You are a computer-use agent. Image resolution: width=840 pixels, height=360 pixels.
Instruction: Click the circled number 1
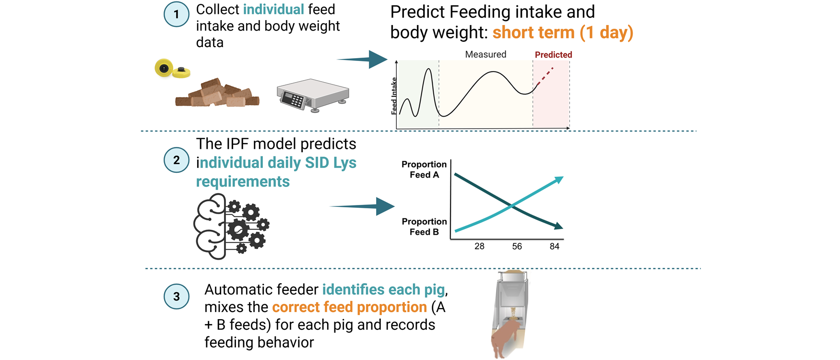point(176,14)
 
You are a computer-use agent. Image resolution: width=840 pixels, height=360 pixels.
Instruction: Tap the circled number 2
point(176,160)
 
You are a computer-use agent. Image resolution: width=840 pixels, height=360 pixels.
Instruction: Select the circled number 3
point(176,296)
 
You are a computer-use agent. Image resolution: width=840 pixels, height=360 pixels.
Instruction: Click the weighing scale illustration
point(312,95)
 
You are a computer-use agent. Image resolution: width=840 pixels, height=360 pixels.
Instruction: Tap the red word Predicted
point(553,55)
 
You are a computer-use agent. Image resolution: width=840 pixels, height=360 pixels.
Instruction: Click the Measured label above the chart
point(485,55)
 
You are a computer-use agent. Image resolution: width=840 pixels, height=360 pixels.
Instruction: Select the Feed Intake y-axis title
point(394,96)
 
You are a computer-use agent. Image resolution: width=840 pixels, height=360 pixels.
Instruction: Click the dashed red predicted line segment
point(545,76)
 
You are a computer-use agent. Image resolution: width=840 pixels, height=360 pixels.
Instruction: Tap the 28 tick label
point(479,247)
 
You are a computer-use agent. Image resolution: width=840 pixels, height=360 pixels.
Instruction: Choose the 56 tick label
point(517,247)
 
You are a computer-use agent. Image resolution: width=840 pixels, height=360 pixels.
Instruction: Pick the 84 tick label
point(554,247)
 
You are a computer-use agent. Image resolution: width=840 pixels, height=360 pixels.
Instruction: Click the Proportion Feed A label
point(424,169)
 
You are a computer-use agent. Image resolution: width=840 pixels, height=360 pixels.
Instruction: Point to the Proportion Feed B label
point(424,227)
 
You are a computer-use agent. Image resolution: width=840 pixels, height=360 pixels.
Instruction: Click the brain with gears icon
point(231,226)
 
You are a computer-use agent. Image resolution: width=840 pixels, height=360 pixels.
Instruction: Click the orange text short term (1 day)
point(563,33)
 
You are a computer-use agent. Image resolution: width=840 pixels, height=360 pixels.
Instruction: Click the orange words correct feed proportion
point(349,307)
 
